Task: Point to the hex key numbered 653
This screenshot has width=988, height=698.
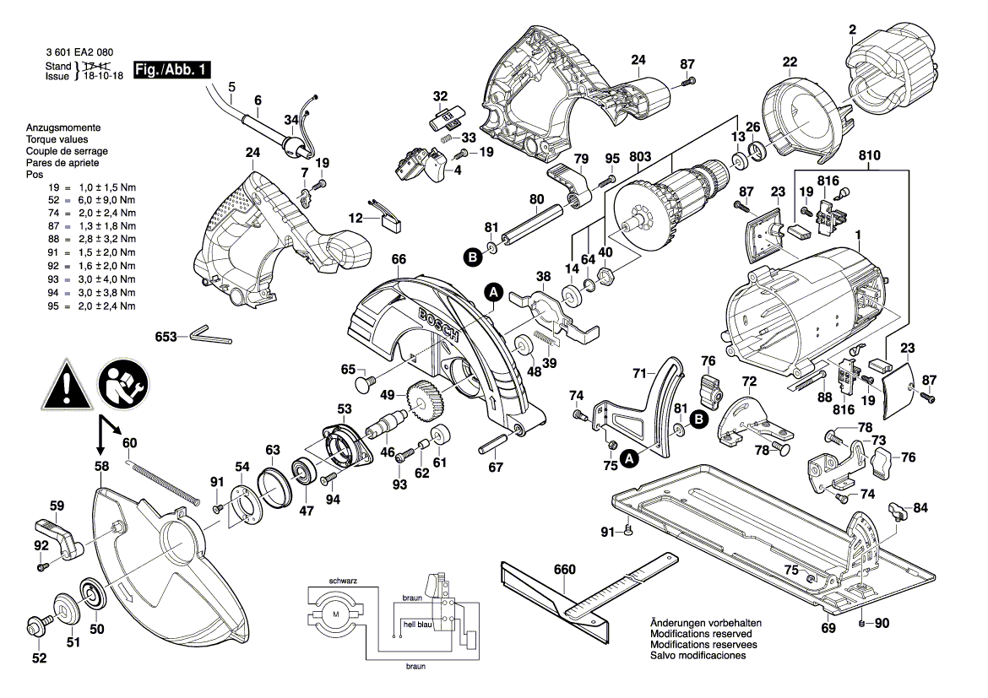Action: (207, 335)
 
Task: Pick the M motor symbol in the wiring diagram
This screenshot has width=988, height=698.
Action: (336, 614)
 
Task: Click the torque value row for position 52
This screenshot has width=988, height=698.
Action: (80, 200)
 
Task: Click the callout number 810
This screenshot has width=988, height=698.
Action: (869, 156)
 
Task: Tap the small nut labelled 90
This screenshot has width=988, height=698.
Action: (861, 624)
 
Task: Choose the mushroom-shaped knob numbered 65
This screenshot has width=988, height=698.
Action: (366, 384)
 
